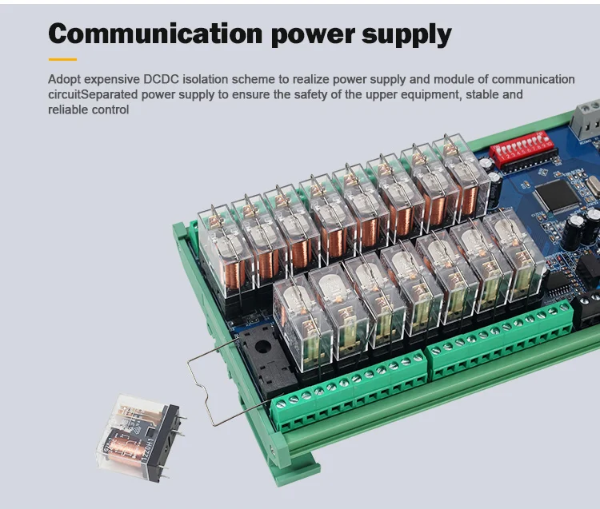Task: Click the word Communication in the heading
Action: pos(154,34)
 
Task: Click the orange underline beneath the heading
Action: pos(62,59)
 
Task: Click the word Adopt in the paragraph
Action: pos(64,79)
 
